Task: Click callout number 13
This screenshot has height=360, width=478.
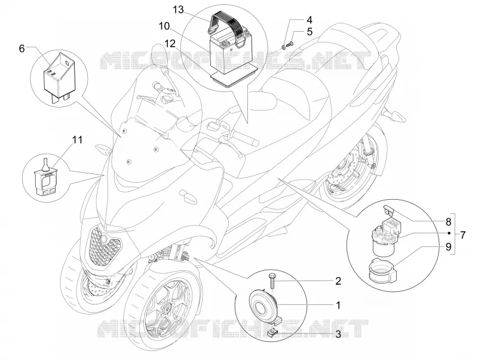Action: (179, 10)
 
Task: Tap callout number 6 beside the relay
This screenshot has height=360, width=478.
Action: (22, 48)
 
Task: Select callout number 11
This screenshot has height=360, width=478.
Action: (78, 140)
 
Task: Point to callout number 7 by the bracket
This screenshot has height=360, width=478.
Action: (463, 235)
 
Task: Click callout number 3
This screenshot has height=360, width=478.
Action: (338, 334)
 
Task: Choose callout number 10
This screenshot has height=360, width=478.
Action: (164, 26)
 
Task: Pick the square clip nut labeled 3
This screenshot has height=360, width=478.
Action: (271, 332)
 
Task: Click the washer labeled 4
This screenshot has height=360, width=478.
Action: (284, 47)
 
